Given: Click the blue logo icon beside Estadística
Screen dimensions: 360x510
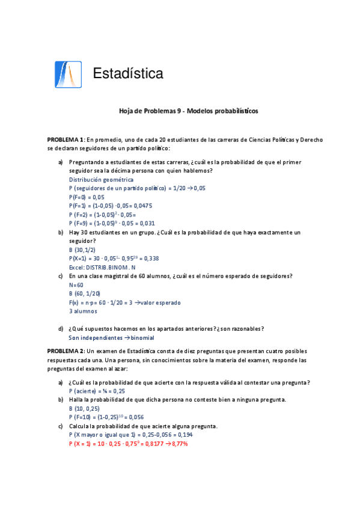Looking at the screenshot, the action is coord(67,75).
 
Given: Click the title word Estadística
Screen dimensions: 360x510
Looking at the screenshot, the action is coord(128,74).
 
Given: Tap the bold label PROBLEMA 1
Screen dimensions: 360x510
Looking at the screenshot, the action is coord(66,140).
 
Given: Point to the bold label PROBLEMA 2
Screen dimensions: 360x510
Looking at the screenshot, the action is coord(66,351).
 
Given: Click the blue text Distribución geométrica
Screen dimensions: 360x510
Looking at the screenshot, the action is coord(101,180).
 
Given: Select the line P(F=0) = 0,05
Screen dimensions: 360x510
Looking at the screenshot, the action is coord(87,197).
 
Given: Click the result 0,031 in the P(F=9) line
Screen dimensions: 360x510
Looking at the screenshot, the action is coord(147,223).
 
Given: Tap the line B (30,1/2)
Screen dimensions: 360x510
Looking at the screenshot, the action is coord(83,250).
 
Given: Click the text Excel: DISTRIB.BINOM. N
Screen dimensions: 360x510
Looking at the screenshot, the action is coord(102,267).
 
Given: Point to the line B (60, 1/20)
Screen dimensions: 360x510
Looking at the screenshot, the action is coord(85,293).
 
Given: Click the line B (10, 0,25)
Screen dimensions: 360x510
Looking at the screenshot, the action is coord(85,408).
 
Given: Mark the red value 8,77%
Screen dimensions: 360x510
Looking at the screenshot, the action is coord(177,443).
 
